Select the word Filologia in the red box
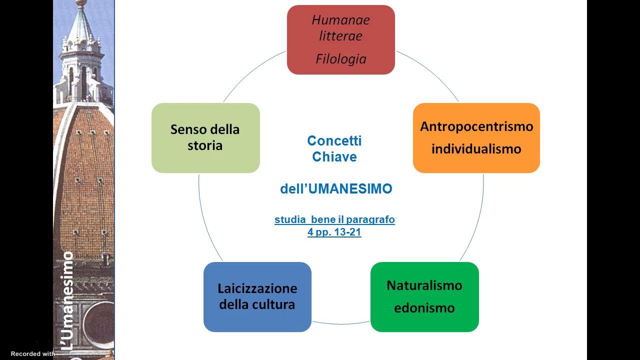click(341, 59)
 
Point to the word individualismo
click(476, 149)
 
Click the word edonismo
click(424, 307)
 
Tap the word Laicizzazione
click(257, 288)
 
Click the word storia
click(205, 146)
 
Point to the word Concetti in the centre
click(334, 141)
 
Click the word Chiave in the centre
click(334, 157)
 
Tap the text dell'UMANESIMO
click(336, 189)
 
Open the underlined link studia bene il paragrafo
click(334, 219)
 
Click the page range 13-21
click(347, 232)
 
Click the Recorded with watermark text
click(32, 354)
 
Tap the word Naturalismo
click(424, 285)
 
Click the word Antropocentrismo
click(476, 126)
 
